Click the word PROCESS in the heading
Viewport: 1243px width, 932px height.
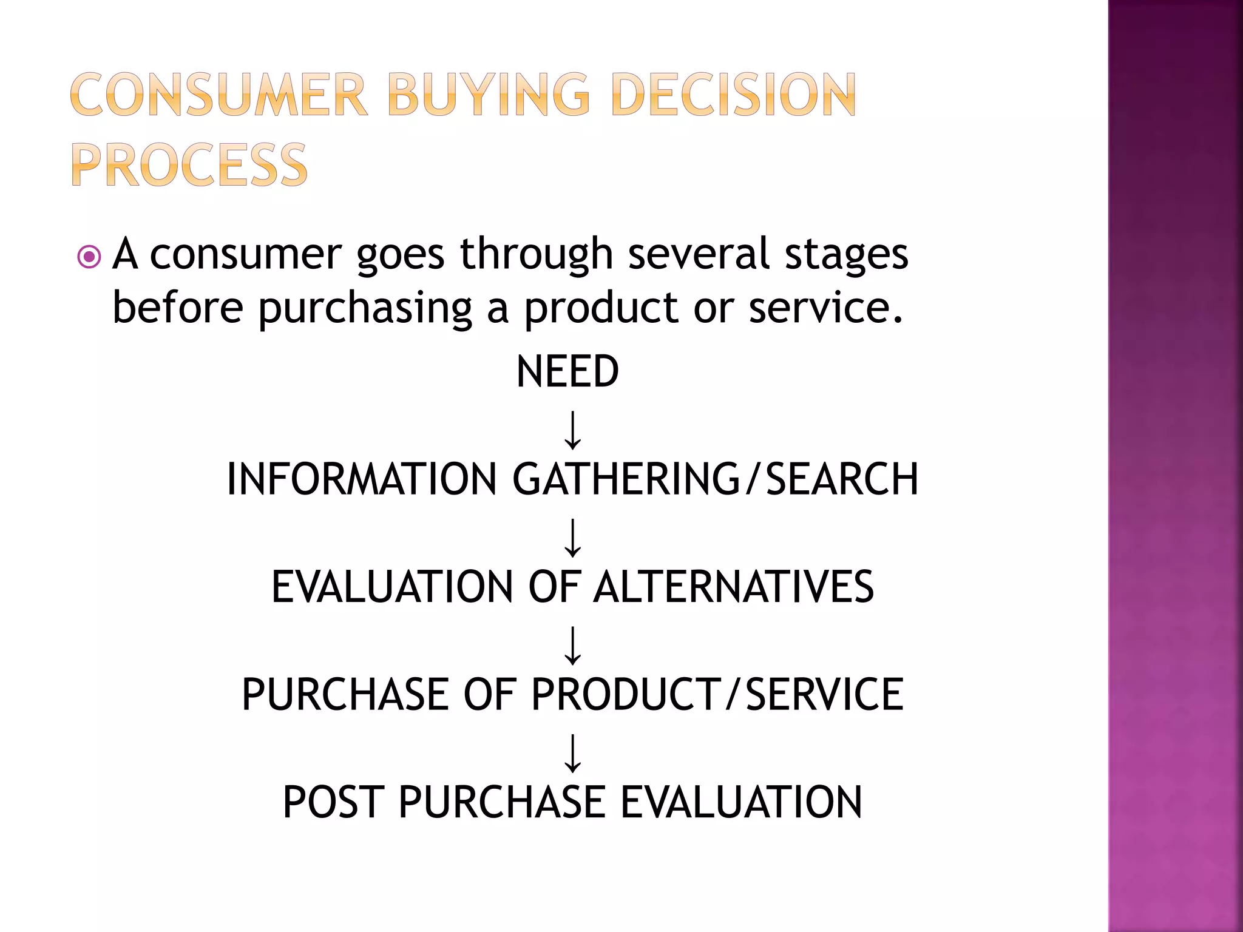(189, 165)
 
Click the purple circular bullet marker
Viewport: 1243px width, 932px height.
(89, 257)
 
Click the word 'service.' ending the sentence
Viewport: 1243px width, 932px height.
(826, 308)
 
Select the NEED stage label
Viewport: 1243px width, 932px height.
(567, 371)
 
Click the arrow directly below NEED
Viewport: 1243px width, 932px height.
(572, 430)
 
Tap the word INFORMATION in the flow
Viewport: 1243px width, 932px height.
(362, 479)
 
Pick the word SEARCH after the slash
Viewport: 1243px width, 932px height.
(842, 479)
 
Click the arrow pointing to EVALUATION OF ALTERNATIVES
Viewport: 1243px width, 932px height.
(572, 537)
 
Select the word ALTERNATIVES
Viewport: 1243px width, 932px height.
(733, 587)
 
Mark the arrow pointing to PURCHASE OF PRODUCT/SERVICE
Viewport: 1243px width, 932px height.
(572, 645)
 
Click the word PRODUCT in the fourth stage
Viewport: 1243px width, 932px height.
(626, 694)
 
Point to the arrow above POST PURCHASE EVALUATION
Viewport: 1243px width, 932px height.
(572, 752)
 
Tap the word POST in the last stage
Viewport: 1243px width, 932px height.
(333, 802)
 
